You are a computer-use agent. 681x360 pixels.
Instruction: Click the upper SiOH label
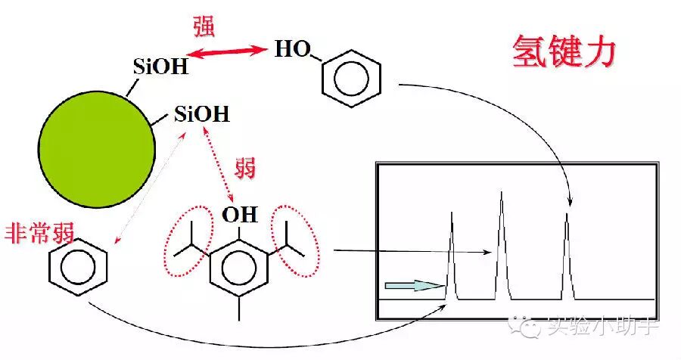[160, 67]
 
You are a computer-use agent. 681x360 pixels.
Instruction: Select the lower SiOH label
[201, 115]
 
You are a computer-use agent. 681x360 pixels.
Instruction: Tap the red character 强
[204, 27]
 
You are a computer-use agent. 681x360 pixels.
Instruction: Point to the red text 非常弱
[39, 231]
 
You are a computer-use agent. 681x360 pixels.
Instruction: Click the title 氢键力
[564, 53]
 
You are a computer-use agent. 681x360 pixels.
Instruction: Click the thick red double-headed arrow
[229, 51]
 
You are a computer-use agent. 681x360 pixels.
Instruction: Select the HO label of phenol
[292, 51]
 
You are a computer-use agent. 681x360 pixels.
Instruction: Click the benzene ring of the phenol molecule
[351, 76]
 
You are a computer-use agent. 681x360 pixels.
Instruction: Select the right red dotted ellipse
[295, 242]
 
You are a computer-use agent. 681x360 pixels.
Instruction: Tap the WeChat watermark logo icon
[520, 327]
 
